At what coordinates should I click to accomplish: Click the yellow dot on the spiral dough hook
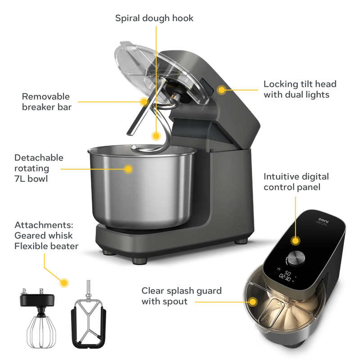pyautogui.click(x=156, y=135)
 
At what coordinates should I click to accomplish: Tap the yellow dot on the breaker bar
pyautogui.click(x=144, y=101)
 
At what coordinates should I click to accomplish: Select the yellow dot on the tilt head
pyautogui.click(x=221, y=90)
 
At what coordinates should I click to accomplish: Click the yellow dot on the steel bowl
pyautogui.click(x=129, y=169)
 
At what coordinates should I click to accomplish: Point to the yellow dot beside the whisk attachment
pyautogui.click(x=65, y=283)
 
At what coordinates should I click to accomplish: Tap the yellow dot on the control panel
pyautogui.click(x=295, y=240)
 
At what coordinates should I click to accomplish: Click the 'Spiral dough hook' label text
pyautogui.click(x=154, y=18)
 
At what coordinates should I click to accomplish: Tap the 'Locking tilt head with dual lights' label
pyautogui.click(x=300, y=89)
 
